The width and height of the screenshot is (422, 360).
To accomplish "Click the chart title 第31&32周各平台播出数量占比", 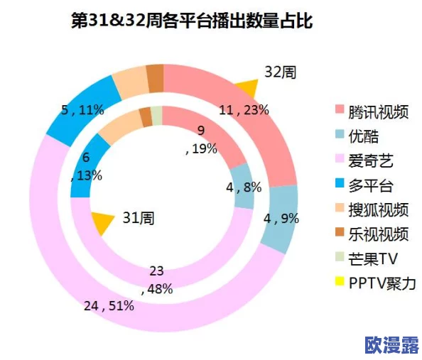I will click(x=192, y=21).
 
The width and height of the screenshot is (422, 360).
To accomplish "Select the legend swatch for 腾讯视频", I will click(x=339, y=112).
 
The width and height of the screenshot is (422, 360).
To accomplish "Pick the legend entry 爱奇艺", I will click(x=373, y=161).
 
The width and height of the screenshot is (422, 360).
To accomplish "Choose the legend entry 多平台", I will click(x=373, y=186).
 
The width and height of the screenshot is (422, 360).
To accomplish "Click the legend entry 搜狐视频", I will click(x=379, y=209).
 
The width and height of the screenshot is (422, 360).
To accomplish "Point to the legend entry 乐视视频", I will click(x=379, y=234).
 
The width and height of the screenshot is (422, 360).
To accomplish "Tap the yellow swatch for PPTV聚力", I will click(x=339, y=283).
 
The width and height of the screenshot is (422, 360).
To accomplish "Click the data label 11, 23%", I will click(x=244, y=109).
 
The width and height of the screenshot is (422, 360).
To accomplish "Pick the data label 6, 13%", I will click(x=87, y=167).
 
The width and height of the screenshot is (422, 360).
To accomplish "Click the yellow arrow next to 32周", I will click(x=247, y=89).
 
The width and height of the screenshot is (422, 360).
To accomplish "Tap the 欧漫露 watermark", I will click(x=389, y=344).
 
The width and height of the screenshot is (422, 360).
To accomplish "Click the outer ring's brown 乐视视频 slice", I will click(x=155, y=78).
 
